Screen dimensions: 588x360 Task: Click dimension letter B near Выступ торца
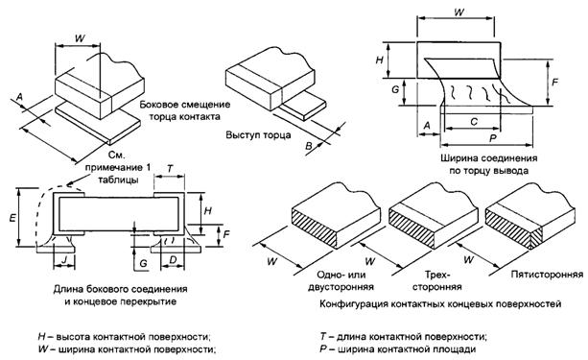[308, 146]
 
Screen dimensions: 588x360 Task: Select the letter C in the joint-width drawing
[474, 122]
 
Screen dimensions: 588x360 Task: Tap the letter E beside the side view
[12, 217]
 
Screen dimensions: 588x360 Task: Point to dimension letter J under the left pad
[64, 259]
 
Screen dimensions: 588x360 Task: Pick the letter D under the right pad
[173, 259]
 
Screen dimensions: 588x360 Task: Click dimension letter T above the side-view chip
[170, 169]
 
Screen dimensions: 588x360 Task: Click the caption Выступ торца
[258, 134]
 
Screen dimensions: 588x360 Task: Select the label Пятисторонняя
[547, 275]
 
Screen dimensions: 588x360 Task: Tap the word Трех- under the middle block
[436, 275]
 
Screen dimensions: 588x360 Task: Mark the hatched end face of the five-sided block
[512, 228]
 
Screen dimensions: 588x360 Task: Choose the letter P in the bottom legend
[324, 349]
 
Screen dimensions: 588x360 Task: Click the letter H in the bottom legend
[42, 336]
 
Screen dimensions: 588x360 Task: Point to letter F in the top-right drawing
[555, 82]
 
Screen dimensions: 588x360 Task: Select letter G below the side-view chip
[143, 264]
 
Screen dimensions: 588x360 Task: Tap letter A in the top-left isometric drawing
[20, 97]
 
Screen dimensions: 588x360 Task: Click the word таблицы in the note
[118, 180]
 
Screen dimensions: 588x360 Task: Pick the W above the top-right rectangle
[459, 12]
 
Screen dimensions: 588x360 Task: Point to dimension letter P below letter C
[493, 138]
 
